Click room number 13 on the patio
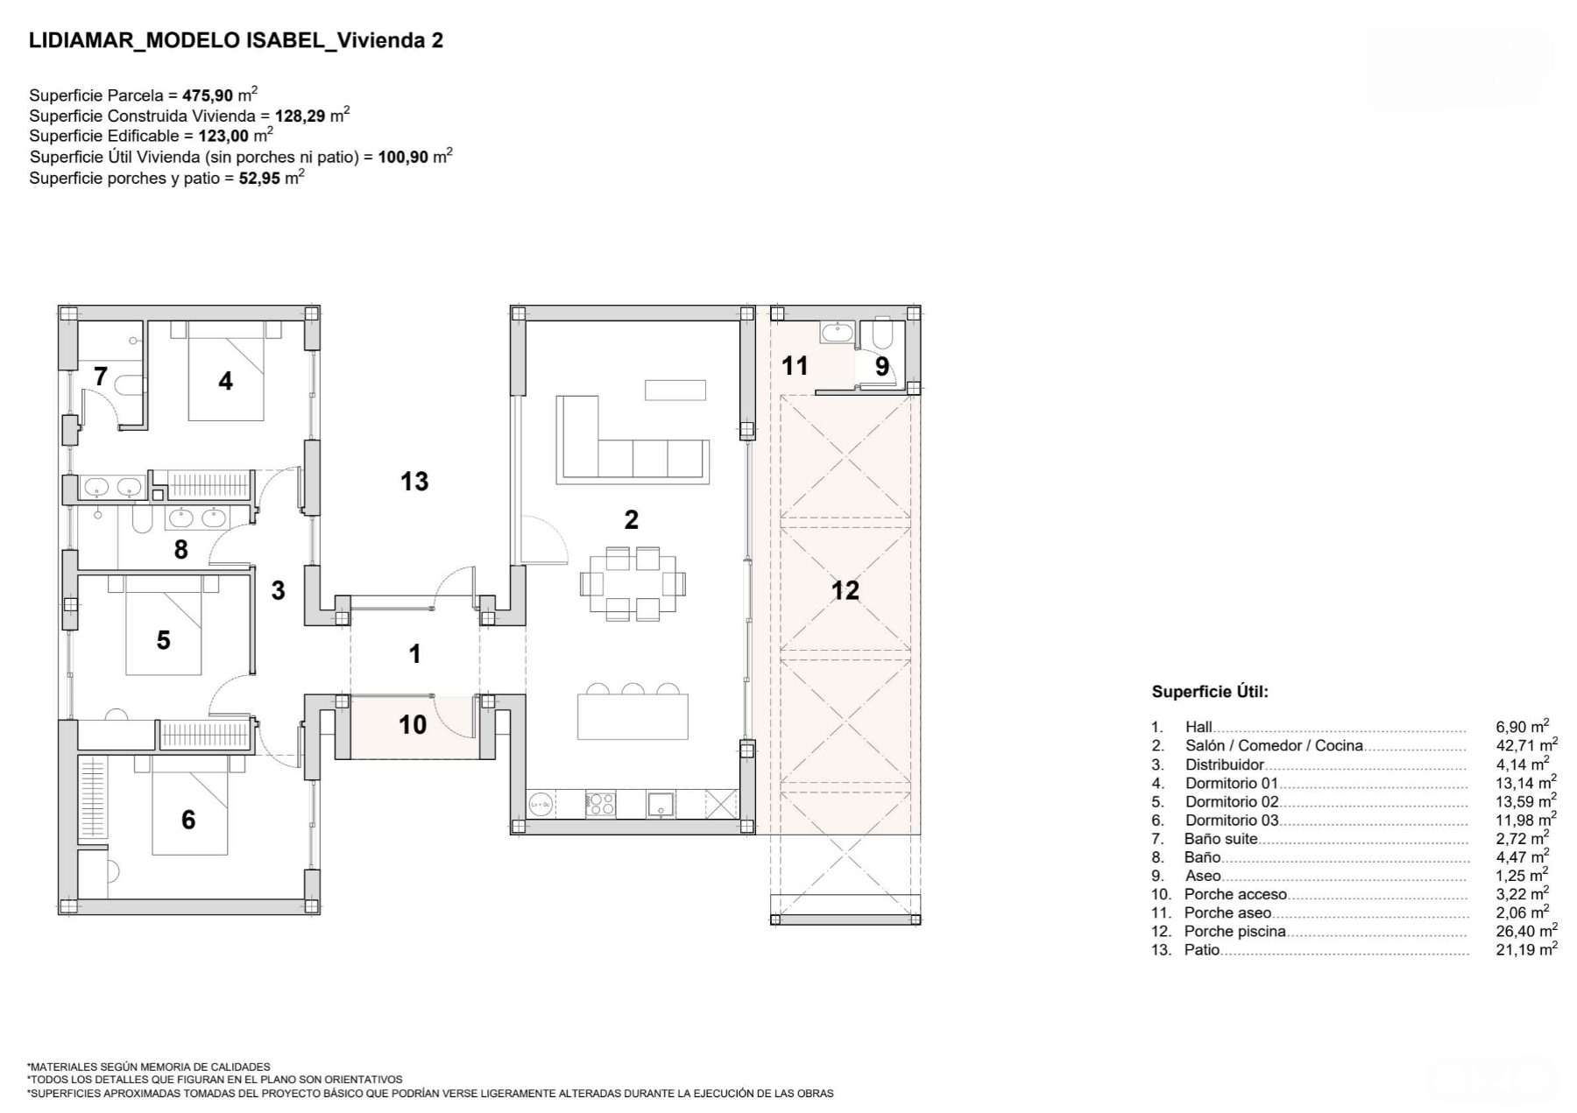pyautogui.click(x=414, y=481)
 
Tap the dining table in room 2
pyautogui.click(x=633, y=583)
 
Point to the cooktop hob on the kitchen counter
pyautogui.click(x=600, y=804)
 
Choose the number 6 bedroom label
pyautogui.click(x=188, y=820)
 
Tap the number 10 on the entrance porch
pyautogui.click(x=413, y=724)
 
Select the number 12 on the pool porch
pyautogui.click(x=845, y=591)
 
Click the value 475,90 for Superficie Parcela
pyautogui.click(x=208, y=95)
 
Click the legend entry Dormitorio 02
pyautogui.click(x=1232, y=801)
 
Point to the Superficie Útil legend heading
pyautogui.click(x=1210, y=692)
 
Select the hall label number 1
pyautogui.click(x=415, y=654)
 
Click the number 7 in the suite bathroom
pyautogui.click(x=101, y=377)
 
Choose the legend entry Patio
pyautogui.click(x=1202, y=950)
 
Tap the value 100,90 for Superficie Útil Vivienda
pyautogui.click(x=403, y=158)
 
